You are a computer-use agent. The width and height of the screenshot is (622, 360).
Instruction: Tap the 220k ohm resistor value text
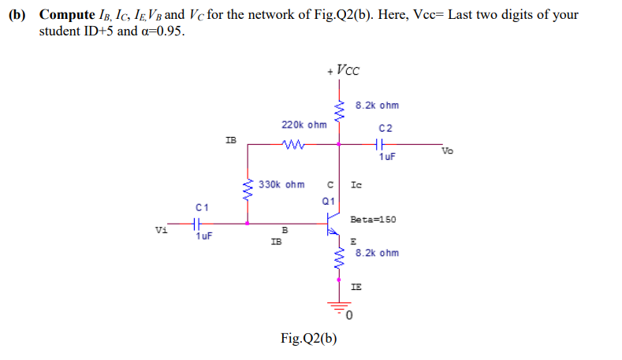(x=304, y=124)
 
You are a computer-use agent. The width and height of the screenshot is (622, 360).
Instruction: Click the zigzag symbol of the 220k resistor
(x=293, y=144)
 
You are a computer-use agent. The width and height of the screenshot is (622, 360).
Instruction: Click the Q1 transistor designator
(x=330, y=201)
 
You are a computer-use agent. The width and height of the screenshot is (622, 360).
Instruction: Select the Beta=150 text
(x=373, y=220)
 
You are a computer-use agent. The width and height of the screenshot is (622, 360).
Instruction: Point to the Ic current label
(x=356, y=185)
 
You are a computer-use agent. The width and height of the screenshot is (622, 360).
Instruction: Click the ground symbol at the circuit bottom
(x=340, y=307)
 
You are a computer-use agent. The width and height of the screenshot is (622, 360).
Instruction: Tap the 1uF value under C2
(x=386, y=157)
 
